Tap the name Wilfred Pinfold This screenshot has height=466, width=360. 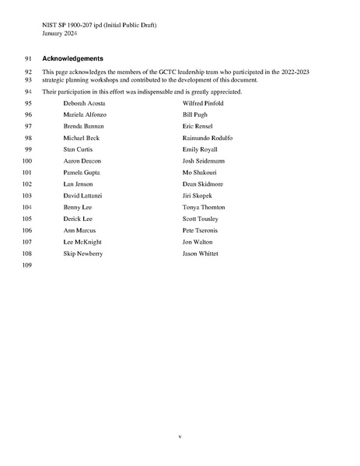[204, 103]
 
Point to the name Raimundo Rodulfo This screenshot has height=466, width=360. [208, 138]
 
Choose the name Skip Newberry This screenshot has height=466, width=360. [83, 254]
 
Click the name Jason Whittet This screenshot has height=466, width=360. [201, 254]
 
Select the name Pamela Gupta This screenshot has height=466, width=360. [82, 172]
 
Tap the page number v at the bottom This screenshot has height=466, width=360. [180, 436]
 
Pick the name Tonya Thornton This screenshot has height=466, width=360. [204, 207]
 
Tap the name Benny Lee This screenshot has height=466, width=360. [78, 207]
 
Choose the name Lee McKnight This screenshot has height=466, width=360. [82, 242]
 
